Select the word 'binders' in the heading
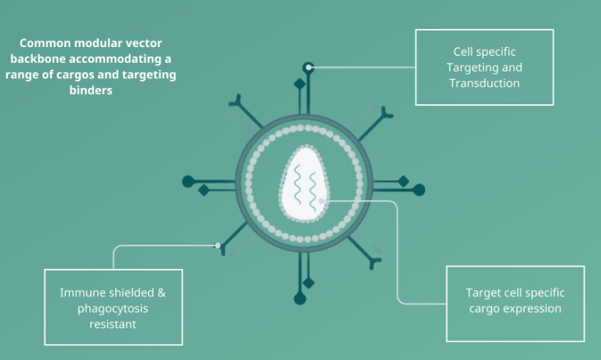coord(91,90)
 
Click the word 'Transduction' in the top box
coord(484,83)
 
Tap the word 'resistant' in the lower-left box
coord(113,323)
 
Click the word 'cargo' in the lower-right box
coord(486,308)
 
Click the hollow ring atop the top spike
coord(309,67)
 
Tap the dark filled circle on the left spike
coord(188,182)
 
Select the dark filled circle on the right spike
coord(419,189)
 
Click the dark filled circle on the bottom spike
coord(300,298)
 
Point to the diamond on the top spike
coord(300,84)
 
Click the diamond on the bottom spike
coord(309,282)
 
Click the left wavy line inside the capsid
coord(297,188)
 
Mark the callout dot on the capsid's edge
coord(322,202)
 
